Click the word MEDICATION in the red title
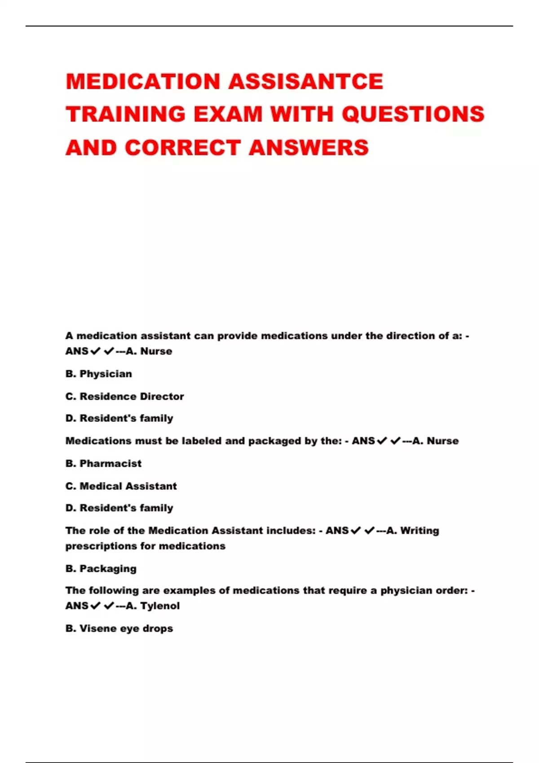click(x=143, y=82)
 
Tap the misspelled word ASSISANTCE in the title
click(x=306, y=82)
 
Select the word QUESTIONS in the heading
click(x=413, y=114)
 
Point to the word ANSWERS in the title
click(x=309, y=148)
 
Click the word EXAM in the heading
click(x=228, y=114)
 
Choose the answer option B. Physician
click(x=99, y=374)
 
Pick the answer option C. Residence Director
click(x=124, y=396)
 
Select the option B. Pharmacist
click(x=103, y=464)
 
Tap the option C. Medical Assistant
click(x=121, y=486)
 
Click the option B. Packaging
click(x=101, y=569)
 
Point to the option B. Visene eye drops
click(x=119, y=628)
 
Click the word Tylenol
click(x=160, y=606)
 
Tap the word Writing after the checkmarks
click(x=420, y=531)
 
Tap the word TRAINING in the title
click(x=126, y=114)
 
